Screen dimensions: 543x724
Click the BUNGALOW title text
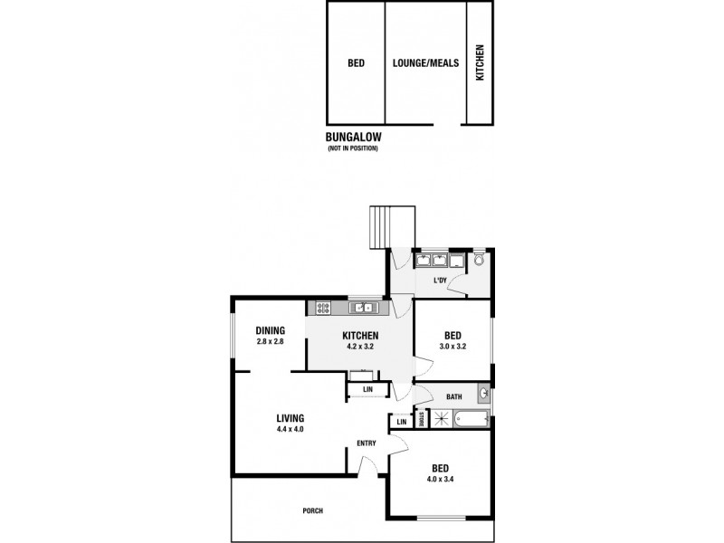tap(354, 138)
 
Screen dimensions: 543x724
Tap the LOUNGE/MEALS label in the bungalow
tap(425, 64)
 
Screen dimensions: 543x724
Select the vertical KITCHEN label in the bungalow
tap(480, 63)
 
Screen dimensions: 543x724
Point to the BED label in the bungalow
tap(356, 64)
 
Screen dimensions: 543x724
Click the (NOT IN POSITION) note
tap(353, 148)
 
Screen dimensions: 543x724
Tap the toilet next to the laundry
tap(479, 260)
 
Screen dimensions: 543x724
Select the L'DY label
tap(441, 281)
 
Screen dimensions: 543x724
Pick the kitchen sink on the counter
tap(364, 308)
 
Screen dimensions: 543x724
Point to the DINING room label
tap(270, 330)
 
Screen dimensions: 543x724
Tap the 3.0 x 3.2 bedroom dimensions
tap(453, 345)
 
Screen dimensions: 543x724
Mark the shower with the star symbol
tap(442, 418)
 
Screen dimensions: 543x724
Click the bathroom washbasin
tap(484, 395)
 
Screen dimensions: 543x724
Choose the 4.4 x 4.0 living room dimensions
tap(291, 429)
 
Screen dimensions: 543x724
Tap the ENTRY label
tap(366, 443)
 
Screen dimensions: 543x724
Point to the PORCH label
tap(312, 510)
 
